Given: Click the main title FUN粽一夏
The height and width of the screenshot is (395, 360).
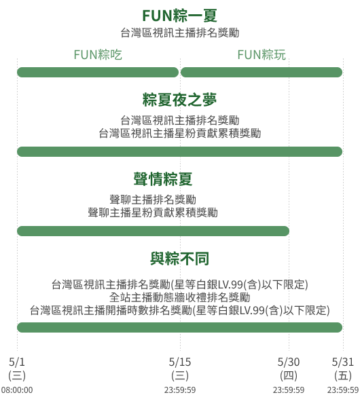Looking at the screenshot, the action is click(180, 16).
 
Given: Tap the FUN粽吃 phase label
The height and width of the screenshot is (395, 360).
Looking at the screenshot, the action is click(98, 55).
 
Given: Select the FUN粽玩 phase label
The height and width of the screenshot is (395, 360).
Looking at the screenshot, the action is click(262, 55).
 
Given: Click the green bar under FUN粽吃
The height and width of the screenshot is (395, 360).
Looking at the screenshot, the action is click(98, 73).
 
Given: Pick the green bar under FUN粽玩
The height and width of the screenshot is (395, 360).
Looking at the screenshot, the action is click(262, 73).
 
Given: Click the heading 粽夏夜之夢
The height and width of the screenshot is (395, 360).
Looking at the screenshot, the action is click(179, 100).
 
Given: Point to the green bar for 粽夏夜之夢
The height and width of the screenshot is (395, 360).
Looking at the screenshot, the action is click(180, 151).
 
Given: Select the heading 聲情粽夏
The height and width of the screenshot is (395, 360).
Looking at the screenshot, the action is click(163, 179).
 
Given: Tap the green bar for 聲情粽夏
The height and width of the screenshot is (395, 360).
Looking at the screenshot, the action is click(153, 231).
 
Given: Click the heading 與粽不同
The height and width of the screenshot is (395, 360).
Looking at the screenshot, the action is click(179, 259).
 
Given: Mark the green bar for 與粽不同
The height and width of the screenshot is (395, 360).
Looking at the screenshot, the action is click(180, 328).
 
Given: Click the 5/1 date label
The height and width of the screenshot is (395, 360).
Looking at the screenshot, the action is click(17, 362).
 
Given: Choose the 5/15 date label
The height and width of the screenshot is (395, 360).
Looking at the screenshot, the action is click(180, 362).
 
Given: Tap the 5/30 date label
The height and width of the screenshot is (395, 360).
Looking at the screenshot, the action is click(289, 362).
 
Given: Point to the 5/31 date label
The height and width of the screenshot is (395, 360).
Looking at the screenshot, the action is click(343, 362).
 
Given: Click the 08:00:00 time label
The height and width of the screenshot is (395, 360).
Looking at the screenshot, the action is click(17, 390).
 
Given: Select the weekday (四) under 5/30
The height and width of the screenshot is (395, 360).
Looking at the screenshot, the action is click(289, 376).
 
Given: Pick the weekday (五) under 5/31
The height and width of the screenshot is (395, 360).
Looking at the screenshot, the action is click(343, 376).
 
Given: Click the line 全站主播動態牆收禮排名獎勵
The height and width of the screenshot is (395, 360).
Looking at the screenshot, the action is click(180, 297).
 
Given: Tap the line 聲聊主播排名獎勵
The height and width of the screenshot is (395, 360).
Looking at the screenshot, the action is click(153, 200).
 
